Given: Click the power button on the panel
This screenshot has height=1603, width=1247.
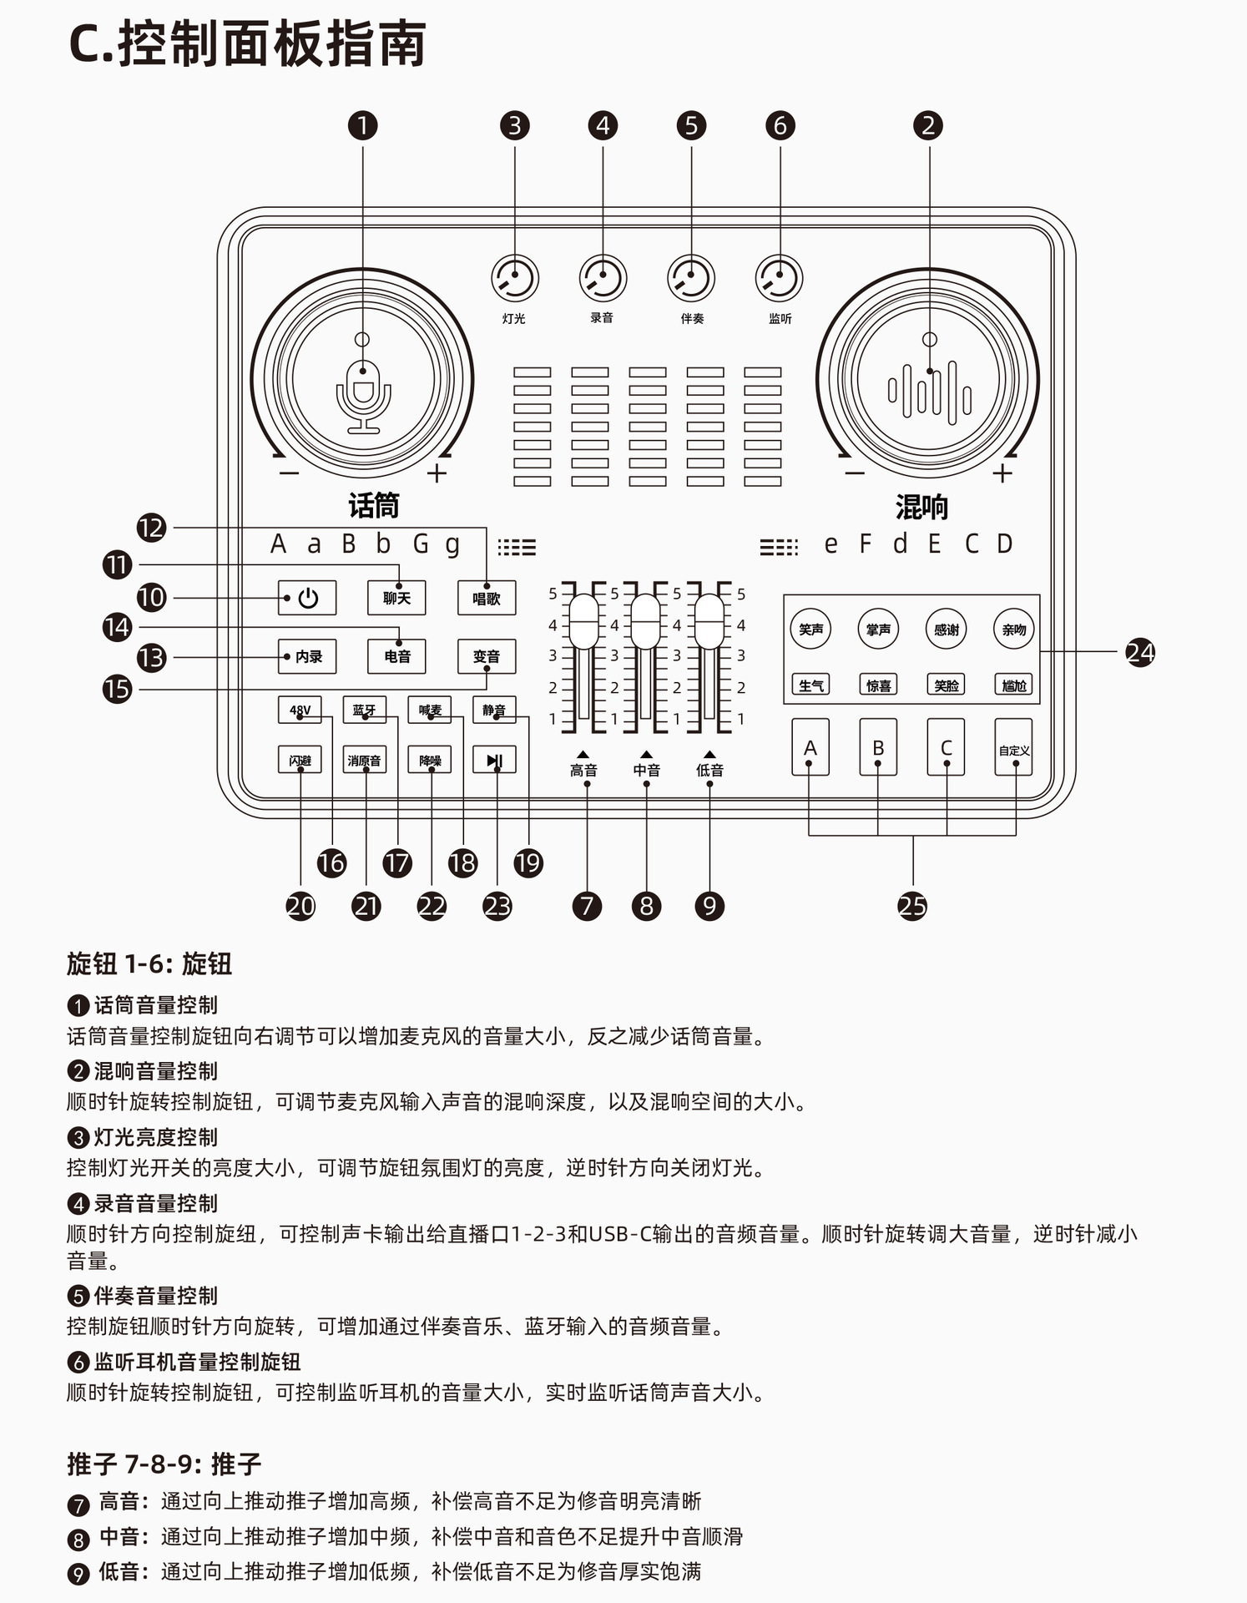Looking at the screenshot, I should click(307, 598).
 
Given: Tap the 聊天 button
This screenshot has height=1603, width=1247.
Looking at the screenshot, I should click(396, 598).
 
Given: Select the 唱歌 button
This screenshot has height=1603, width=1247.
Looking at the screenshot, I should click(486, 598).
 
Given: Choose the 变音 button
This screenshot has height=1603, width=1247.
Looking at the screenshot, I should click(486, 656).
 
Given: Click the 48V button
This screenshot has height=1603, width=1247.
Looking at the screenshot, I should click(300, 710).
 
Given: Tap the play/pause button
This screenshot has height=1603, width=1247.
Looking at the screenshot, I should click(494, 761).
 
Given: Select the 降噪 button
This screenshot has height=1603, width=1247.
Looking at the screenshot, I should click(430, 761).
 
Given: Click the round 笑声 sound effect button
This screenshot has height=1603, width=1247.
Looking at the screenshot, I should click(810, 629).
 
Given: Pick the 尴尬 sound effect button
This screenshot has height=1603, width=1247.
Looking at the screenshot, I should click(1014, 685).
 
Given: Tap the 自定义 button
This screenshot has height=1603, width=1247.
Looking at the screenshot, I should click(1014, 748).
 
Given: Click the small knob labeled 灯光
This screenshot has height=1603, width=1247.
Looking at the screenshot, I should click(514, 278).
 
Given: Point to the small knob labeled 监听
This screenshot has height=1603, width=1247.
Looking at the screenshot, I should click(780, 278).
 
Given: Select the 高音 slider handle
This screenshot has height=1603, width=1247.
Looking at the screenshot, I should click(583, 621).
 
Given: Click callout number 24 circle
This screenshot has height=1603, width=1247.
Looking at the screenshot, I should click(1140, 652).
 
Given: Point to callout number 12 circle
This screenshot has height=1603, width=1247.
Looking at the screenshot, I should click(152, 528).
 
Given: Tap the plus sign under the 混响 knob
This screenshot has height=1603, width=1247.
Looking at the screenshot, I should click(1002, 473).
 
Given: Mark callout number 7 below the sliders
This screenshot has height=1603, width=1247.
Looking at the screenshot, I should click(587, 906).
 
